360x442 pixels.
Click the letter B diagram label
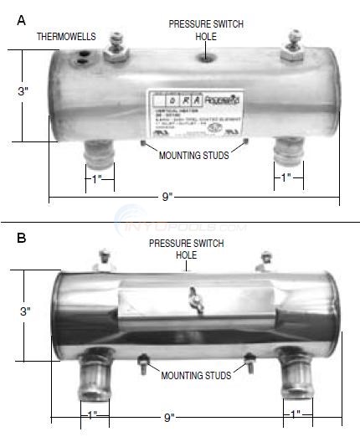[x=22, y=239]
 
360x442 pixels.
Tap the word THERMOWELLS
[x=66, y=38]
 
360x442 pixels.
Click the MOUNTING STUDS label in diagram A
[x=194, y=156]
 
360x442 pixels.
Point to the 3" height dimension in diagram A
[x=24, y=91]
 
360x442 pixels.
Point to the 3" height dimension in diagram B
[x=26, y=311]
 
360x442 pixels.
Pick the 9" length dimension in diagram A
[x=167, y=197]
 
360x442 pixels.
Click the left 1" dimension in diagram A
[x=97, y=177]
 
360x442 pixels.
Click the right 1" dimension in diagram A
[x=285, y=177]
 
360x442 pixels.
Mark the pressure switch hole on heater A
[x=204, y=58]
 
